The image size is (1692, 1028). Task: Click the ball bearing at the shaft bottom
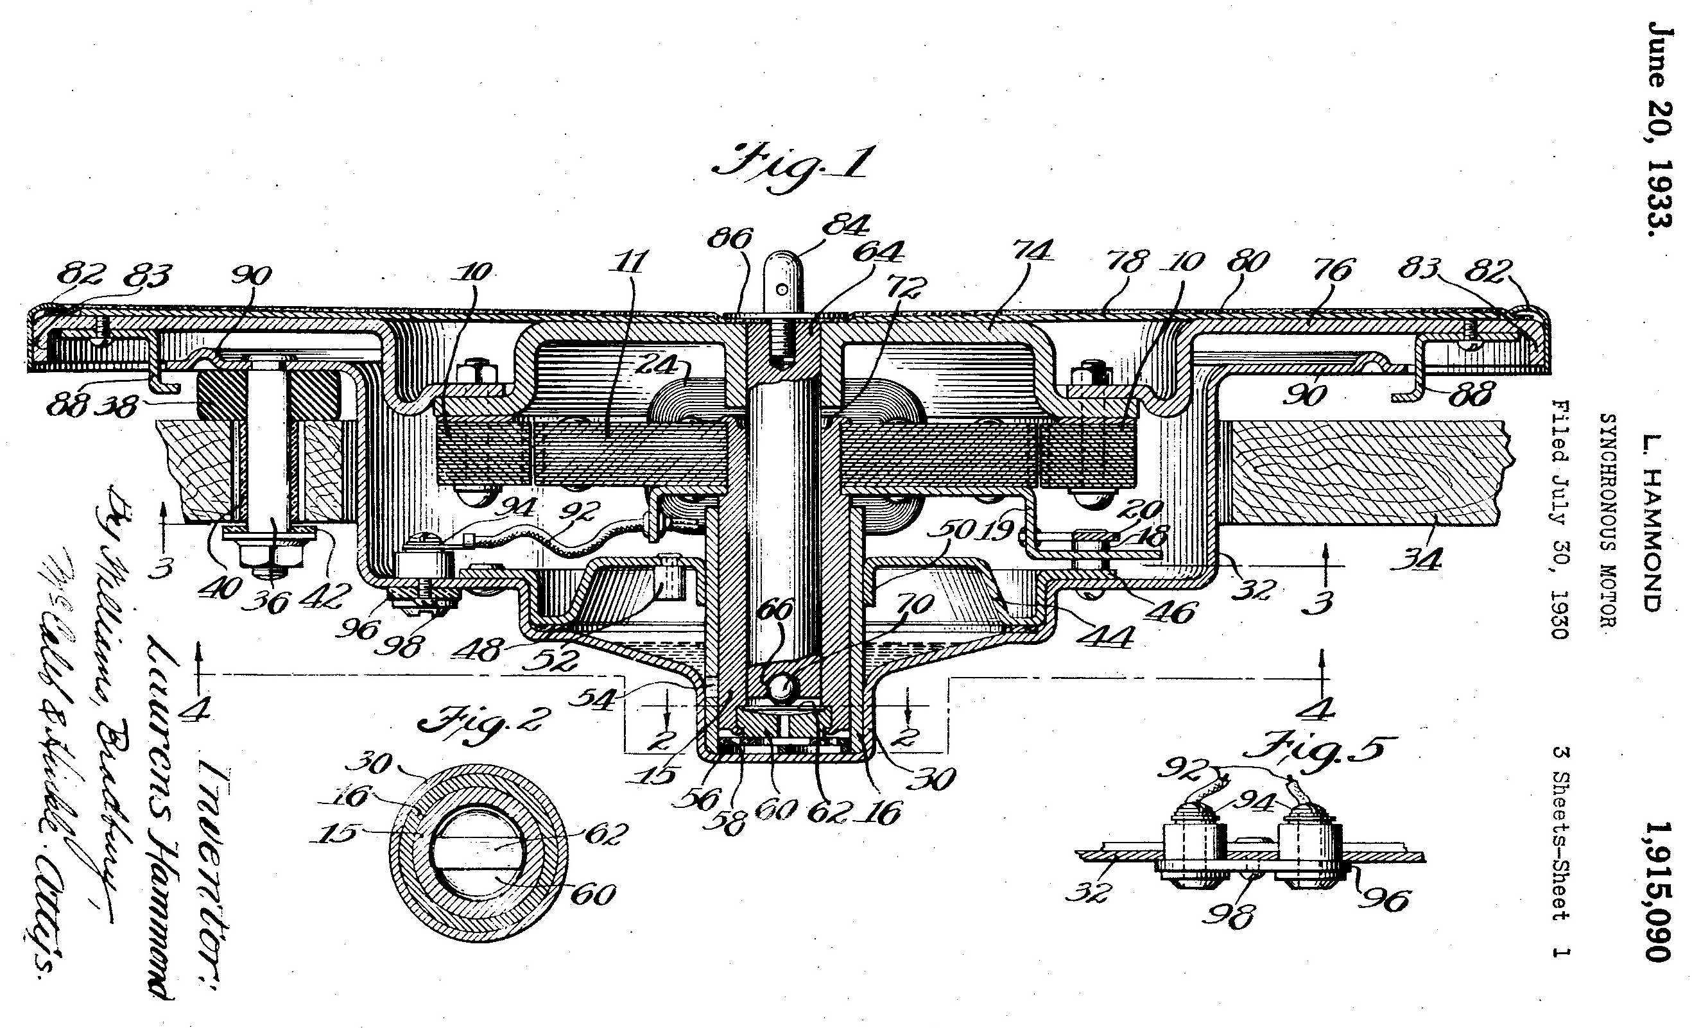pos(781,687)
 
